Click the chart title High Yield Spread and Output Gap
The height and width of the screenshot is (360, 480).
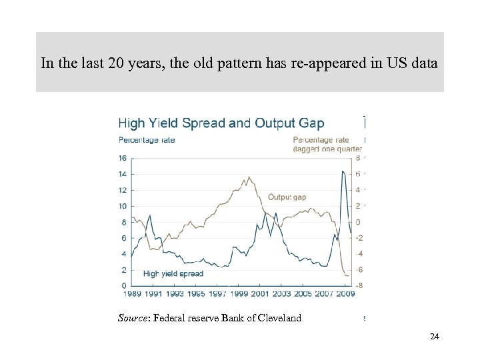pos(221,123)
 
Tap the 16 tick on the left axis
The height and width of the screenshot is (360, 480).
pos(123,158)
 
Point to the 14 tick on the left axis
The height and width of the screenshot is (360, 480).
pos(123,174)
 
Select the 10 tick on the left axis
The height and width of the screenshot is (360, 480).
pos(123,206)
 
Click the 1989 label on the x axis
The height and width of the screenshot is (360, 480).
pos(132,293)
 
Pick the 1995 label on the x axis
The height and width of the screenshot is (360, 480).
pos(196,293)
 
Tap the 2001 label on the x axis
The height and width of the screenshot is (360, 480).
pos(260,293)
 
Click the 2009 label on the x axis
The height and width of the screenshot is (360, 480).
pos(345,293)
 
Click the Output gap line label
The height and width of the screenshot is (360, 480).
pos(287,197)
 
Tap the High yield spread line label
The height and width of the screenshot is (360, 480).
pos(173,273)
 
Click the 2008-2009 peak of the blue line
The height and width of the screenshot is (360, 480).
pos(343,171)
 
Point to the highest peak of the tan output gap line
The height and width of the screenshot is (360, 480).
pos(249,177)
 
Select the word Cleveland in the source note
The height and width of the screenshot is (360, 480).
pos(277,319)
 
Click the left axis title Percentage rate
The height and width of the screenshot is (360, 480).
pos(146,140)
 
